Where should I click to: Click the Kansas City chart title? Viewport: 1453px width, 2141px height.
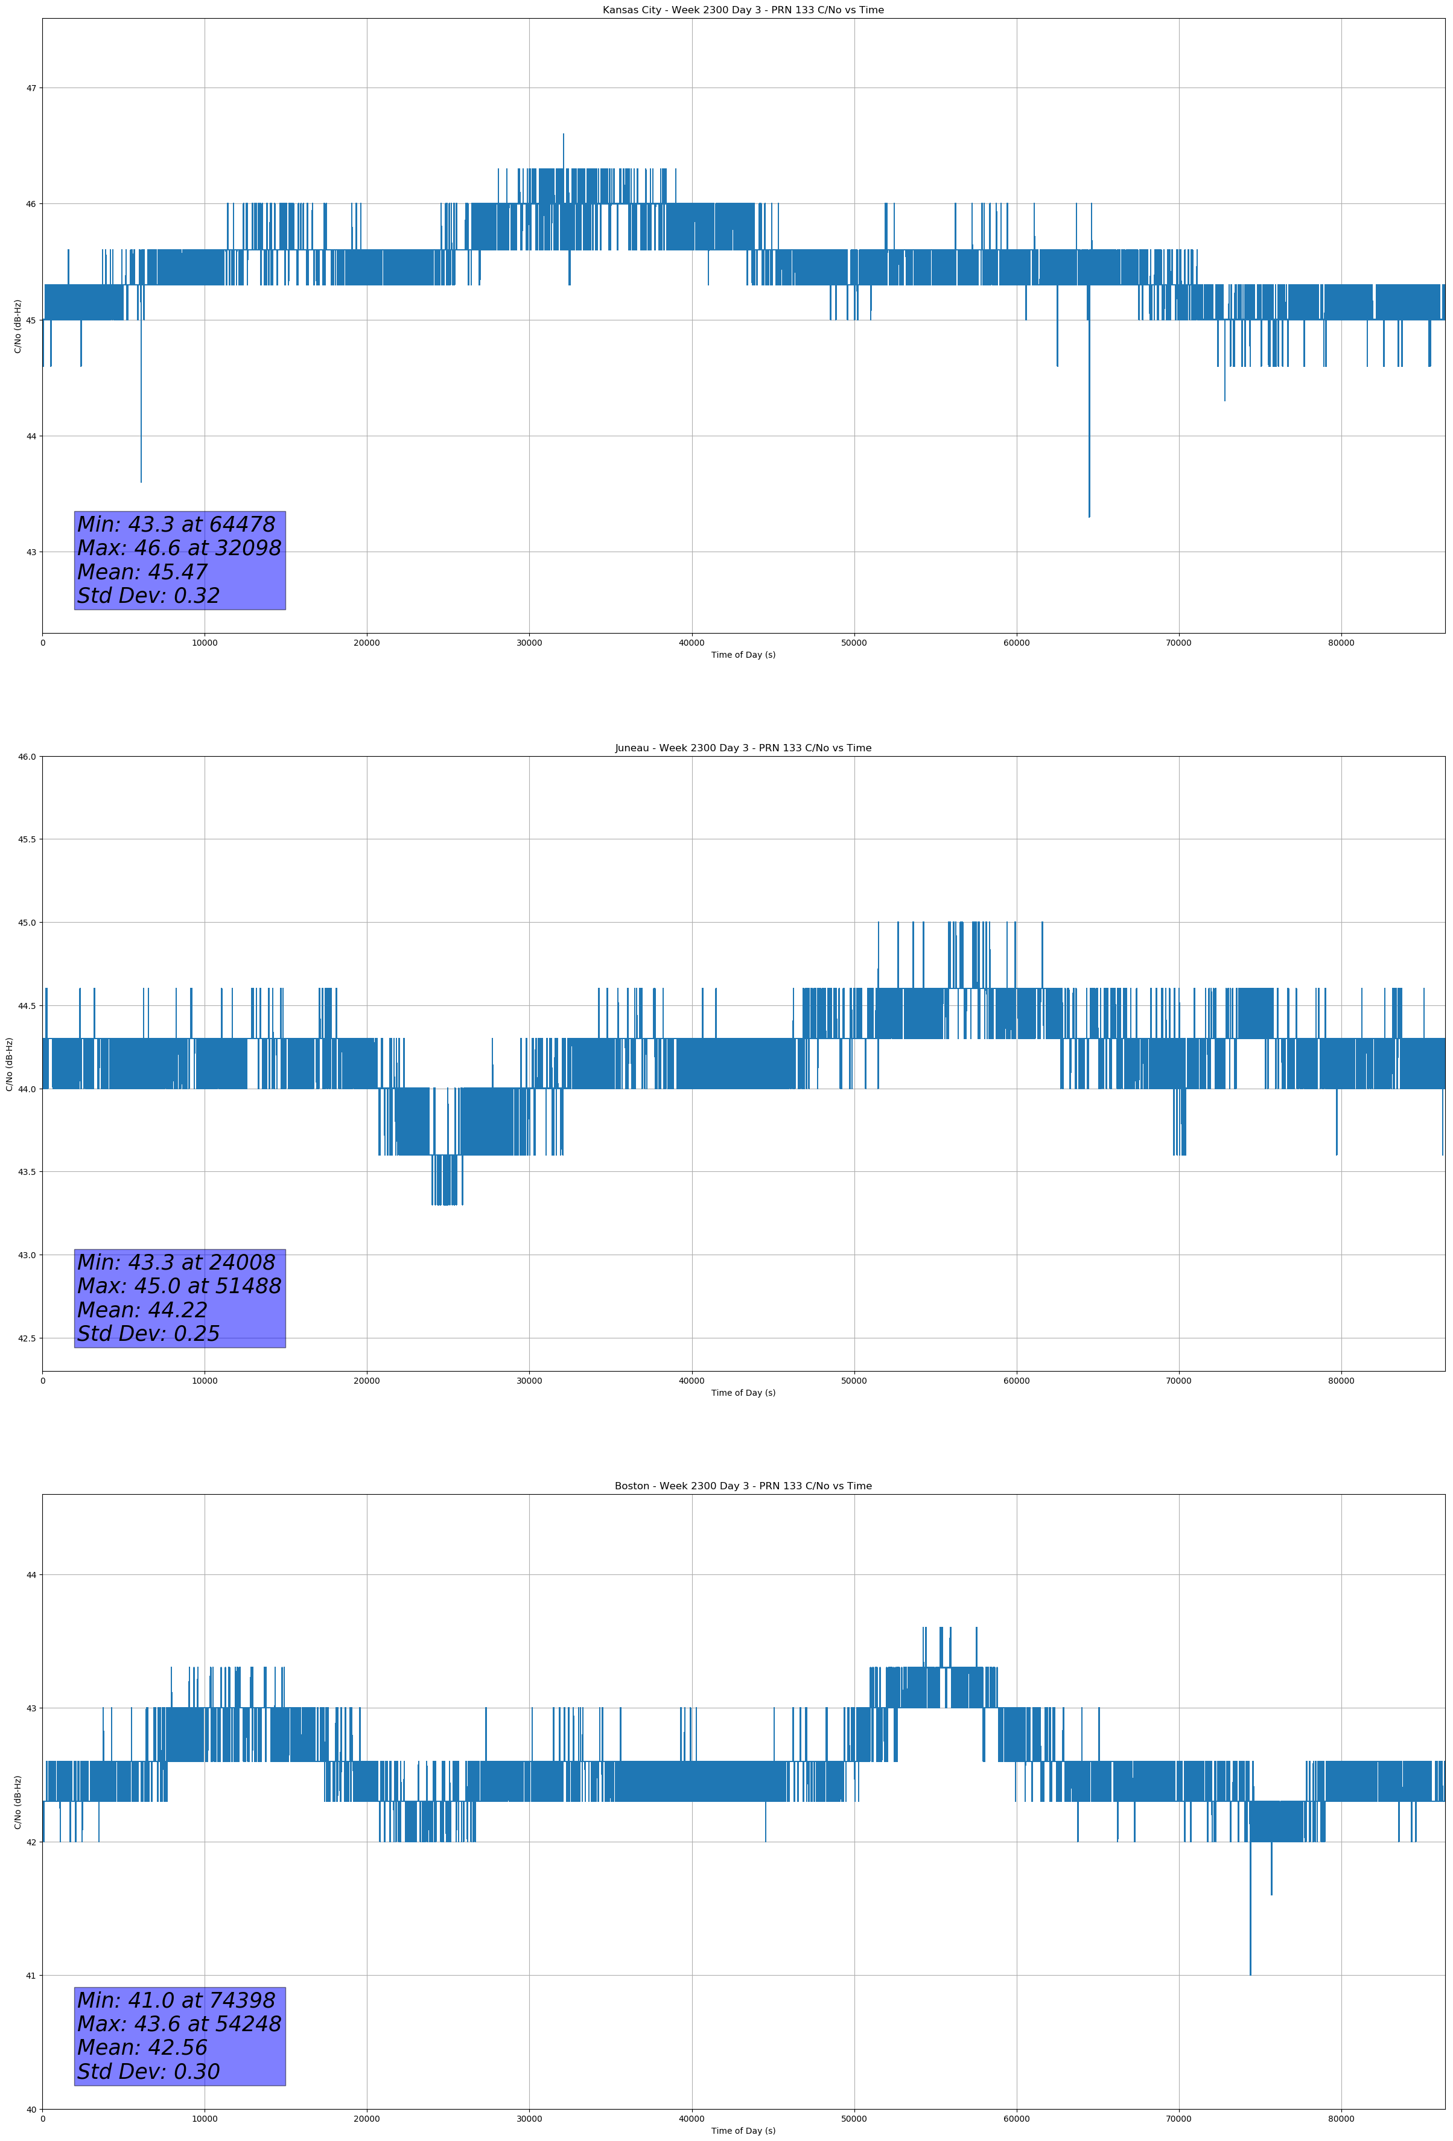click(x=743, y=10)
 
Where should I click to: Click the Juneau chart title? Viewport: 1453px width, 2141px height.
click(x=743, y=748)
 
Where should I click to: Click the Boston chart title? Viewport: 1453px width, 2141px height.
click(x=743, y=1486)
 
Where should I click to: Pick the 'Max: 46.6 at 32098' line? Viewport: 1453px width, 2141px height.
click(x=179, y=548)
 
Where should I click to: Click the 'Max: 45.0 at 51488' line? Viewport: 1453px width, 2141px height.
click(x=179, y=1286)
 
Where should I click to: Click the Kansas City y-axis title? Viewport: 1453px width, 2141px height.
click(x=17, y=326)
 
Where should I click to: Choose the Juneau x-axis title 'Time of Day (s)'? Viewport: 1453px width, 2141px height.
click(x=743, y=1393)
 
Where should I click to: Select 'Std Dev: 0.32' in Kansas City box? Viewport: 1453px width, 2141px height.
click(x=148, y=596)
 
